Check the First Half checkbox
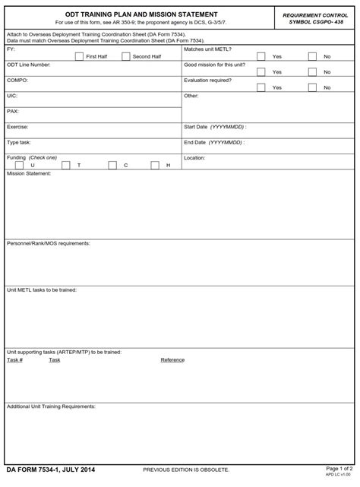point(79,56)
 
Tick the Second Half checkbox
point(125,56)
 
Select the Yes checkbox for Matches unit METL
point(261,56)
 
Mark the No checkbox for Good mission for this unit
point(312,71)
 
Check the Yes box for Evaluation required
point(261,87)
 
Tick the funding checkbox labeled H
point(155,165)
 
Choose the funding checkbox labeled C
point(112,165)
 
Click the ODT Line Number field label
point(29,65)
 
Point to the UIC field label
point(11,96)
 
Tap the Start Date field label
point(215,127)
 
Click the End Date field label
point(213,142)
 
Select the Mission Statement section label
point(29,174)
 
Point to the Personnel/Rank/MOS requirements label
point(49,243)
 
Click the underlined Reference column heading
point(172,360)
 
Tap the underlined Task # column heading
point(14,360)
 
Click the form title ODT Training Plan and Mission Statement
point(141,14)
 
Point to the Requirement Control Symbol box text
point(315,18)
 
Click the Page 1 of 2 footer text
point(339,468)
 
